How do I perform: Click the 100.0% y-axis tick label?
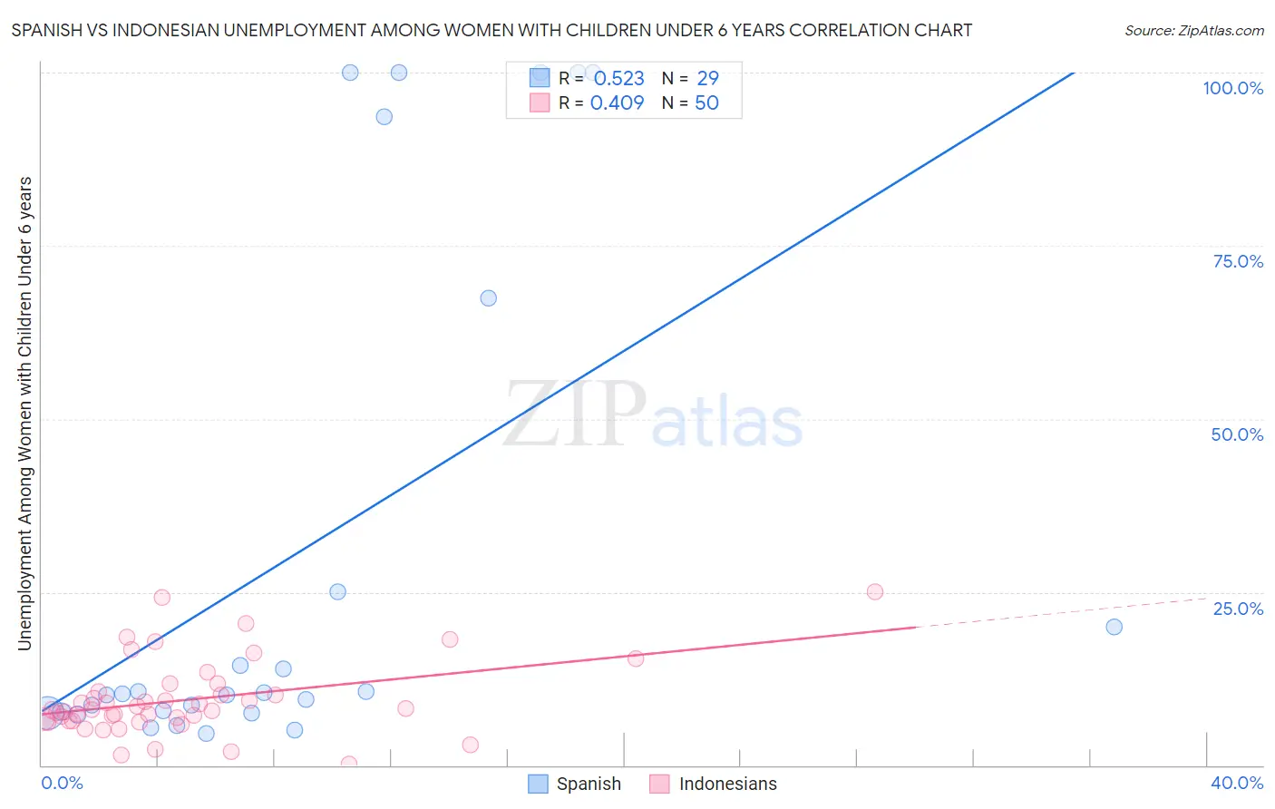1232,88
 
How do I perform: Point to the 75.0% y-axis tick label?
1238,261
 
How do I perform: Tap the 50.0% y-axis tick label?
1237,434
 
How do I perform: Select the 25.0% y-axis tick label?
1238,608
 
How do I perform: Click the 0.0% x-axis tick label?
62,783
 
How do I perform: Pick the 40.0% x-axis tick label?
1236,783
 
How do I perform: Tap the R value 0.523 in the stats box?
619,79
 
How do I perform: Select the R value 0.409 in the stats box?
617,103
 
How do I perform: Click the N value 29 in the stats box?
707,79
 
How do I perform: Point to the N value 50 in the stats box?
706,103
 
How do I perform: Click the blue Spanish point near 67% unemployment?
488,298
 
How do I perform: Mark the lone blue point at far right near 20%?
1114,627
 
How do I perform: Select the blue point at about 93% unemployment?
384,117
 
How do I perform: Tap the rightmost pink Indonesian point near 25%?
874,592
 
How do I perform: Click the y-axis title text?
25,414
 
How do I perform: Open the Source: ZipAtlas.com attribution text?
1193,31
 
